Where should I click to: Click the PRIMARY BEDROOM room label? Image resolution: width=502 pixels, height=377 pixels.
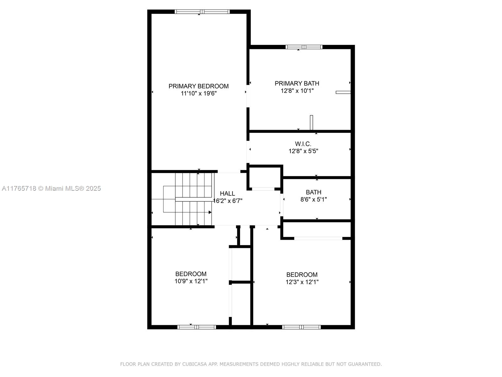pyautogui.click(x=199, y=86)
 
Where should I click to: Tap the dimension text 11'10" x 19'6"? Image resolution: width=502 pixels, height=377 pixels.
pyautogui.click(x=199, y=93)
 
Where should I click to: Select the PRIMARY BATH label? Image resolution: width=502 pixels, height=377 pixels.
pyautogui.click(x=297, y=83)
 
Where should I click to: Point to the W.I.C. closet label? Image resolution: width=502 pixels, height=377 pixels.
pyautogui.click(x=303, y=144)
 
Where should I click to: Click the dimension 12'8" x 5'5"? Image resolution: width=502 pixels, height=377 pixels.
pyautogui.click(x=303, y=151)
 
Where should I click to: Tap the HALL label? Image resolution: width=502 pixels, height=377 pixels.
pyautogui.click(x=227, y=194)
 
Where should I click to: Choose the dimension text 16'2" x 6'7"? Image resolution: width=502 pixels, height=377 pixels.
pyautogui.click(x=227, y=201)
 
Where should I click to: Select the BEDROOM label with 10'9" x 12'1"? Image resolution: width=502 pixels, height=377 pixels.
pyautogui.click(x=191, y=274)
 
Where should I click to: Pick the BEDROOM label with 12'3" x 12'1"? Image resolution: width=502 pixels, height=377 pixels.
pyautogui.click(x=302, y=275)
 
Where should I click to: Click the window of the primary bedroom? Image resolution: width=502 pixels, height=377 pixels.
pyautogui.click(x=202, y=12)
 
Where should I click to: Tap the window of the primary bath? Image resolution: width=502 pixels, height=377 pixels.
pyautogui.click(x=304, y=47)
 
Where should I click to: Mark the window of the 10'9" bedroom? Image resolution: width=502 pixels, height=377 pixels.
pyautogui.click(x=197, y=327)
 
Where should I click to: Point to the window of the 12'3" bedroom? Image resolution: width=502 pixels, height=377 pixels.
pyautogui.click(x=301, y=327)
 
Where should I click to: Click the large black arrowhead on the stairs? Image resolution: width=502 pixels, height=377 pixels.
pyautogui.click(x=210, y=212)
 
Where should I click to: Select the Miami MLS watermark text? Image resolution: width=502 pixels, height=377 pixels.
pyautogui.click(x=51, y=188)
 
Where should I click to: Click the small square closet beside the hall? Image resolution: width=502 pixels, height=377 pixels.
pyautogui.click(x=264, y=178)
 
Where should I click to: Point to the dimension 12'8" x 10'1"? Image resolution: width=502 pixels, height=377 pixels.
pyautogui.click(x=297, y=91)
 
